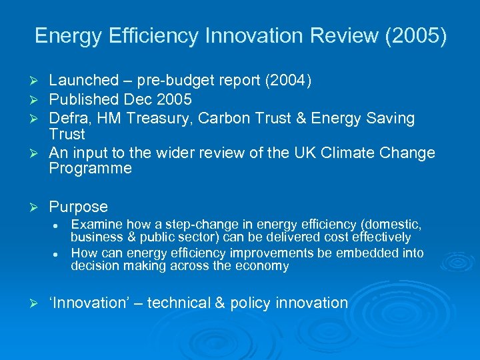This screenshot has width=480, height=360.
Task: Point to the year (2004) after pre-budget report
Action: (287, 81)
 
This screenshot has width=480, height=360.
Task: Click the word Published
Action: (84, 100)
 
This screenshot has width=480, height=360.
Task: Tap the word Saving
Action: (389, 119)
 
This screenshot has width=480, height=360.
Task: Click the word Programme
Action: (91, 169)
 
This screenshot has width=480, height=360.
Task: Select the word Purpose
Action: (78, 207)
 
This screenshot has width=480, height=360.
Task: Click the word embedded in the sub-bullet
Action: (366, 253)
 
